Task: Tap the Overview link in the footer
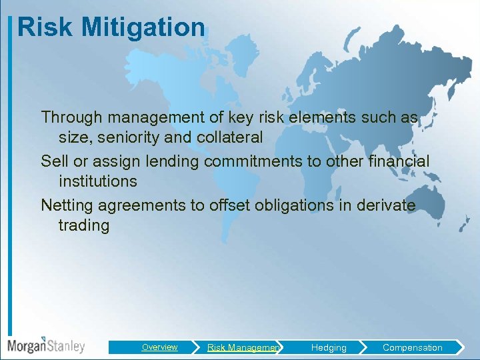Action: tap(159, 347)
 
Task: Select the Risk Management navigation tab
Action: tap(243, 347)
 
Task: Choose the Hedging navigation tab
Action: tap(329, 347)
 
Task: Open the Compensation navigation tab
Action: tap(412, 347)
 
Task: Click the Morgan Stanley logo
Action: tap(46, 345)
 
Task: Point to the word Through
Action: tap(71, 117)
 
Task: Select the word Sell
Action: tap(54, 161)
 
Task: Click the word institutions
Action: tap(97, 181)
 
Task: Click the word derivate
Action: tap(383, 205)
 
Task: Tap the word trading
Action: tap(84, 225)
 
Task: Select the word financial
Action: tap(397, 161)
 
